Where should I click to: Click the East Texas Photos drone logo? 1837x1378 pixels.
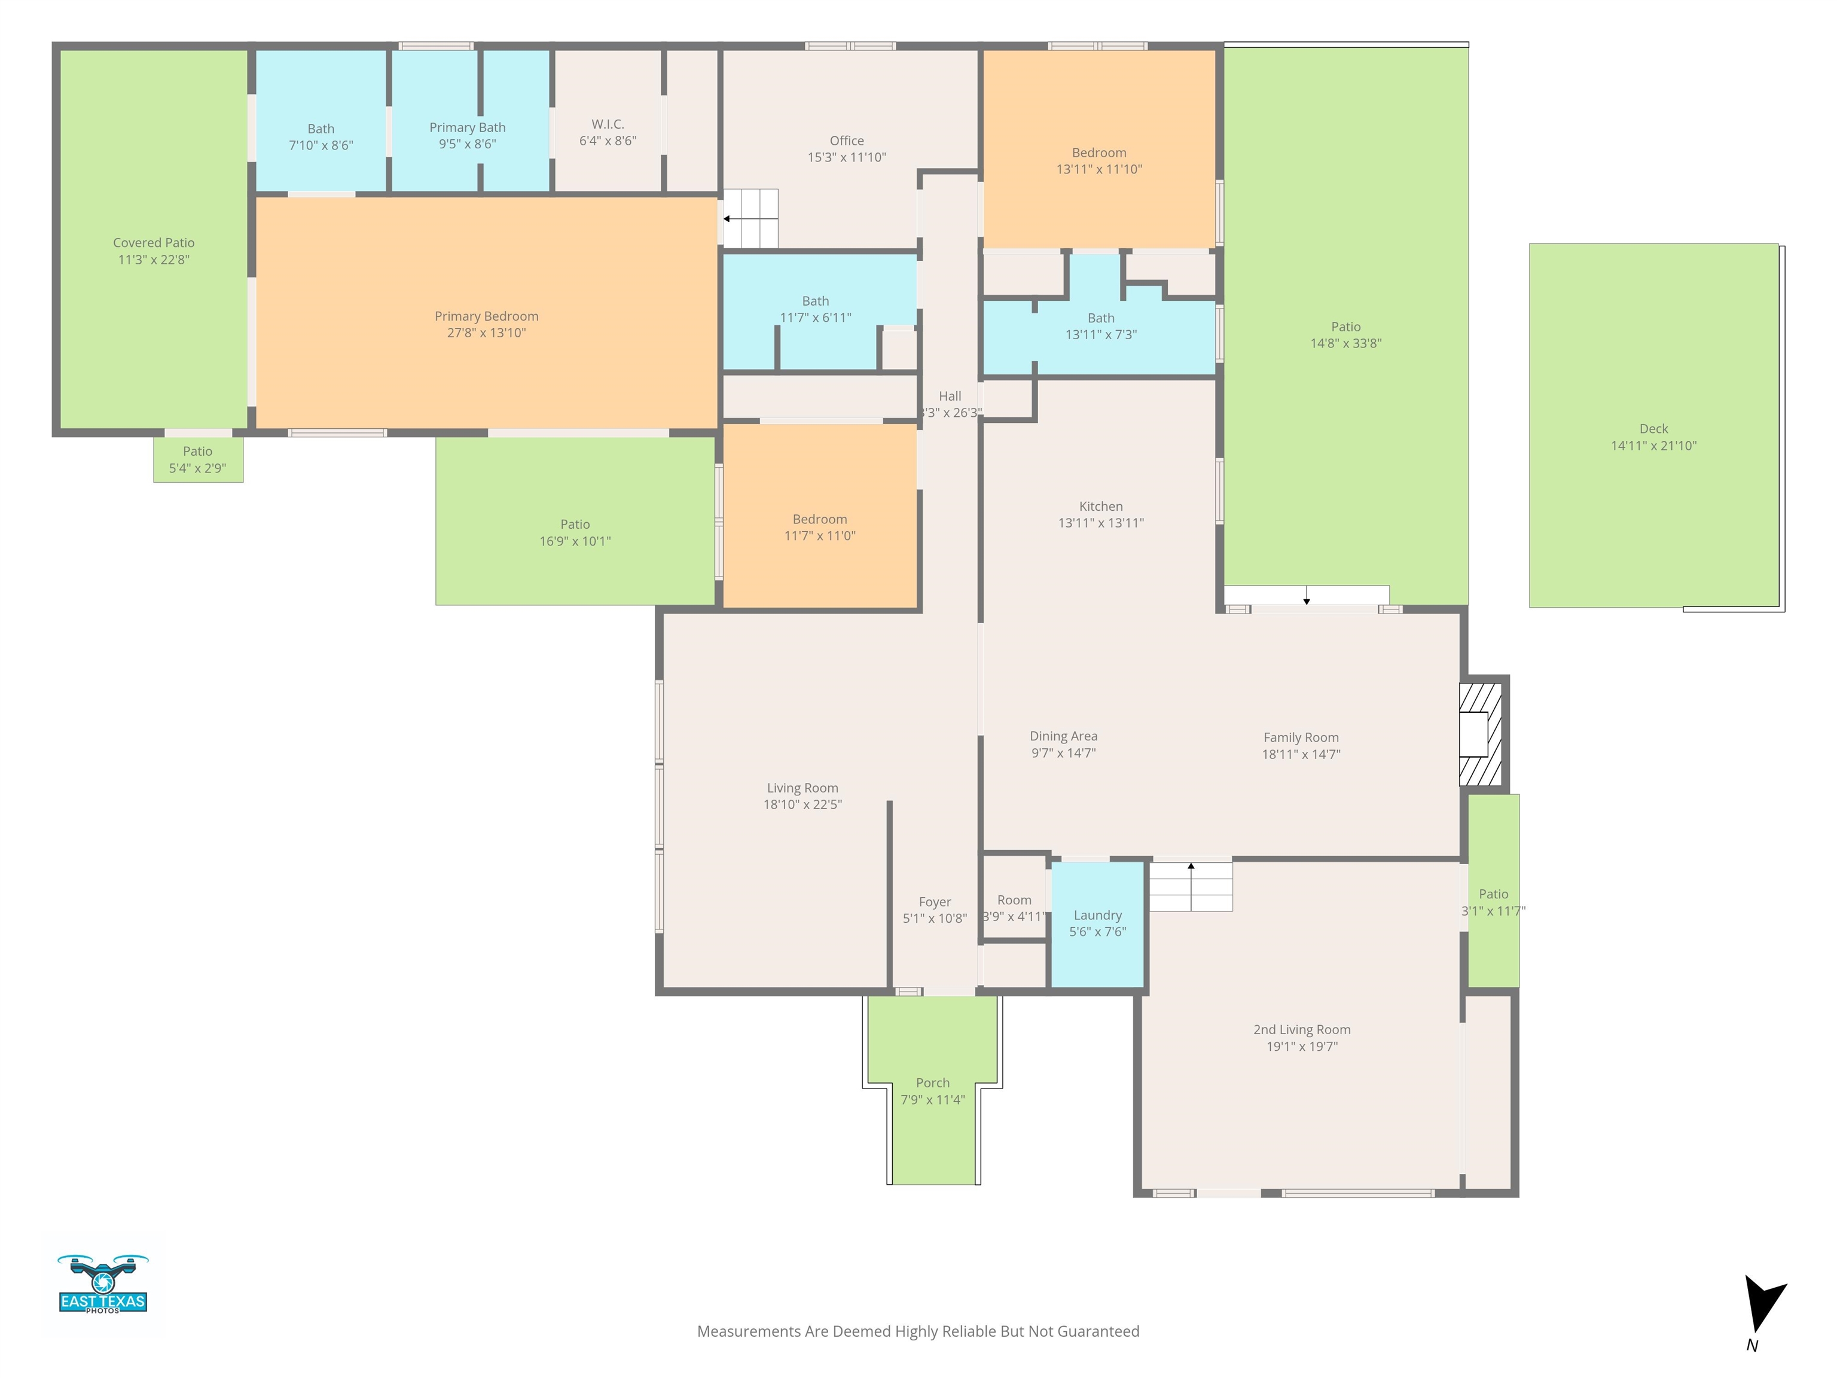[x=103, y=1284]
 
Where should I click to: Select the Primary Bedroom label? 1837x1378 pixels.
[x=487, y=316]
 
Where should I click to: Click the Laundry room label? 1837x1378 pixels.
[x=1098, y=915]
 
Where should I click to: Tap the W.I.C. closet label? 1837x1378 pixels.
[x=608, y=124]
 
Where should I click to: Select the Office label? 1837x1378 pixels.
[x=847, y=141]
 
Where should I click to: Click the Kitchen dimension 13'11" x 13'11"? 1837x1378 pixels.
[x=1101, y=523]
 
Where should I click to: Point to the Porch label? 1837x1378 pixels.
[x=933, y=1083]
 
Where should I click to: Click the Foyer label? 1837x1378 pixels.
[x=935, y=902]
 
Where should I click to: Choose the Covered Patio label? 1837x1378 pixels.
[x=154, y=243]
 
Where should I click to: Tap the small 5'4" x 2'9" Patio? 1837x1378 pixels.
[x=199, y=459]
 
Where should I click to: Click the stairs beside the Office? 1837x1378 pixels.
[x=750, y=218]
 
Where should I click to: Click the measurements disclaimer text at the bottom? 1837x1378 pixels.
[x=918, y=1331]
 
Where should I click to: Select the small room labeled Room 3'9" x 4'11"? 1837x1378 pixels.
[x=1014, y=898]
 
